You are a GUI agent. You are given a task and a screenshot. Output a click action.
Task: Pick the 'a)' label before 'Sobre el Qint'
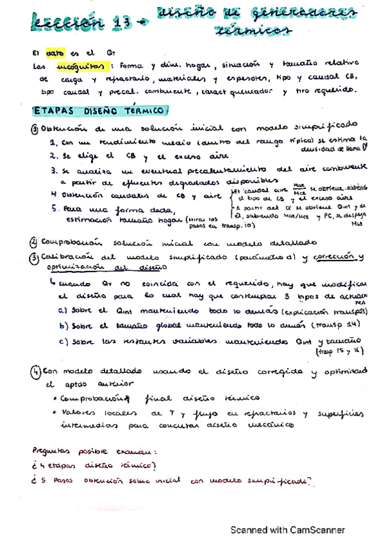[62, 311]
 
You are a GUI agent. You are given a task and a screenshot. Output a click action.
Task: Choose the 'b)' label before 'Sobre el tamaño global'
[62, 326]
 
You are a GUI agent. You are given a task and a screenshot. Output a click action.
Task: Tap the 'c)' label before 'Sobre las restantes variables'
[62, 341]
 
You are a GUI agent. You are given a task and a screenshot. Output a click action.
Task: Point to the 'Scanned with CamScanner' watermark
[288, 530]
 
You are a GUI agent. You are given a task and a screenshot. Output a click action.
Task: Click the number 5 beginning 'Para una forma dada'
[55, 208]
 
